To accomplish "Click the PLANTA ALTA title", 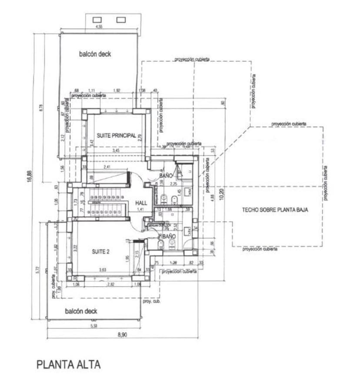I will [x=68, y=364].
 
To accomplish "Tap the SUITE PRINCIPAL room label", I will [x=117, y=135].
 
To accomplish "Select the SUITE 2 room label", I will [x=102, y=251].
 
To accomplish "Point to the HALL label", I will [x=141, y=203].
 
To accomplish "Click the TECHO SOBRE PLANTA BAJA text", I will [x=275, y=210].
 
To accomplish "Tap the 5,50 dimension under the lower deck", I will [x=94, y=326].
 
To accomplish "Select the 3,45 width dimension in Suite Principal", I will [x=116, y=151].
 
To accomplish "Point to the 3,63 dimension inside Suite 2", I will [x=103, y=270].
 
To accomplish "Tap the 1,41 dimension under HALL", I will [x=140, y=210].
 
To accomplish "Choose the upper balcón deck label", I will [x=95, y=54].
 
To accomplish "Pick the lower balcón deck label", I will [x=81, y=312].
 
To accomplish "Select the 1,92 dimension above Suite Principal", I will [x=117, y=90].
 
